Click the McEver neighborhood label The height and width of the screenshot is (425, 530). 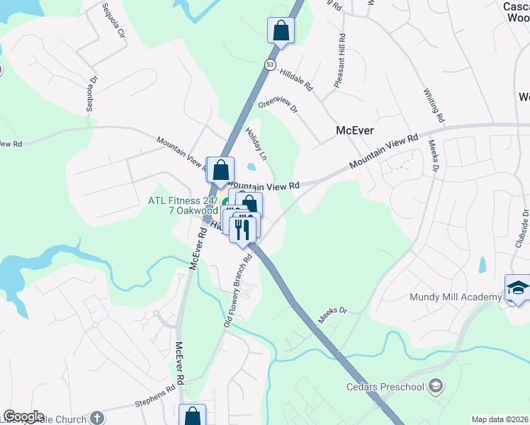354,130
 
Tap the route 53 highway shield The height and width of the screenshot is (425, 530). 270,64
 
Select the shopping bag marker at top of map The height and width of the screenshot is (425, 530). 281,31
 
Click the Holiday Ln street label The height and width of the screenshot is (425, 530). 256,142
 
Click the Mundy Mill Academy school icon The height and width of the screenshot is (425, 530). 517,288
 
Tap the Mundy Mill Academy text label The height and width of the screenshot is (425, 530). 454,297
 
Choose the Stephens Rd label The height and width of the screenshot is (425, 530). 154,397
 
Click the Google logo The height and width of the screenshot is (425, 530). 23,416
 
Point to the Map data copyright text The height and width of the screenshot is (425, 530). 500,419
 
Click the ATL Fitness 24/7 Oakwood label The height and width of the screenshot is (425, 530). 183,205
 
